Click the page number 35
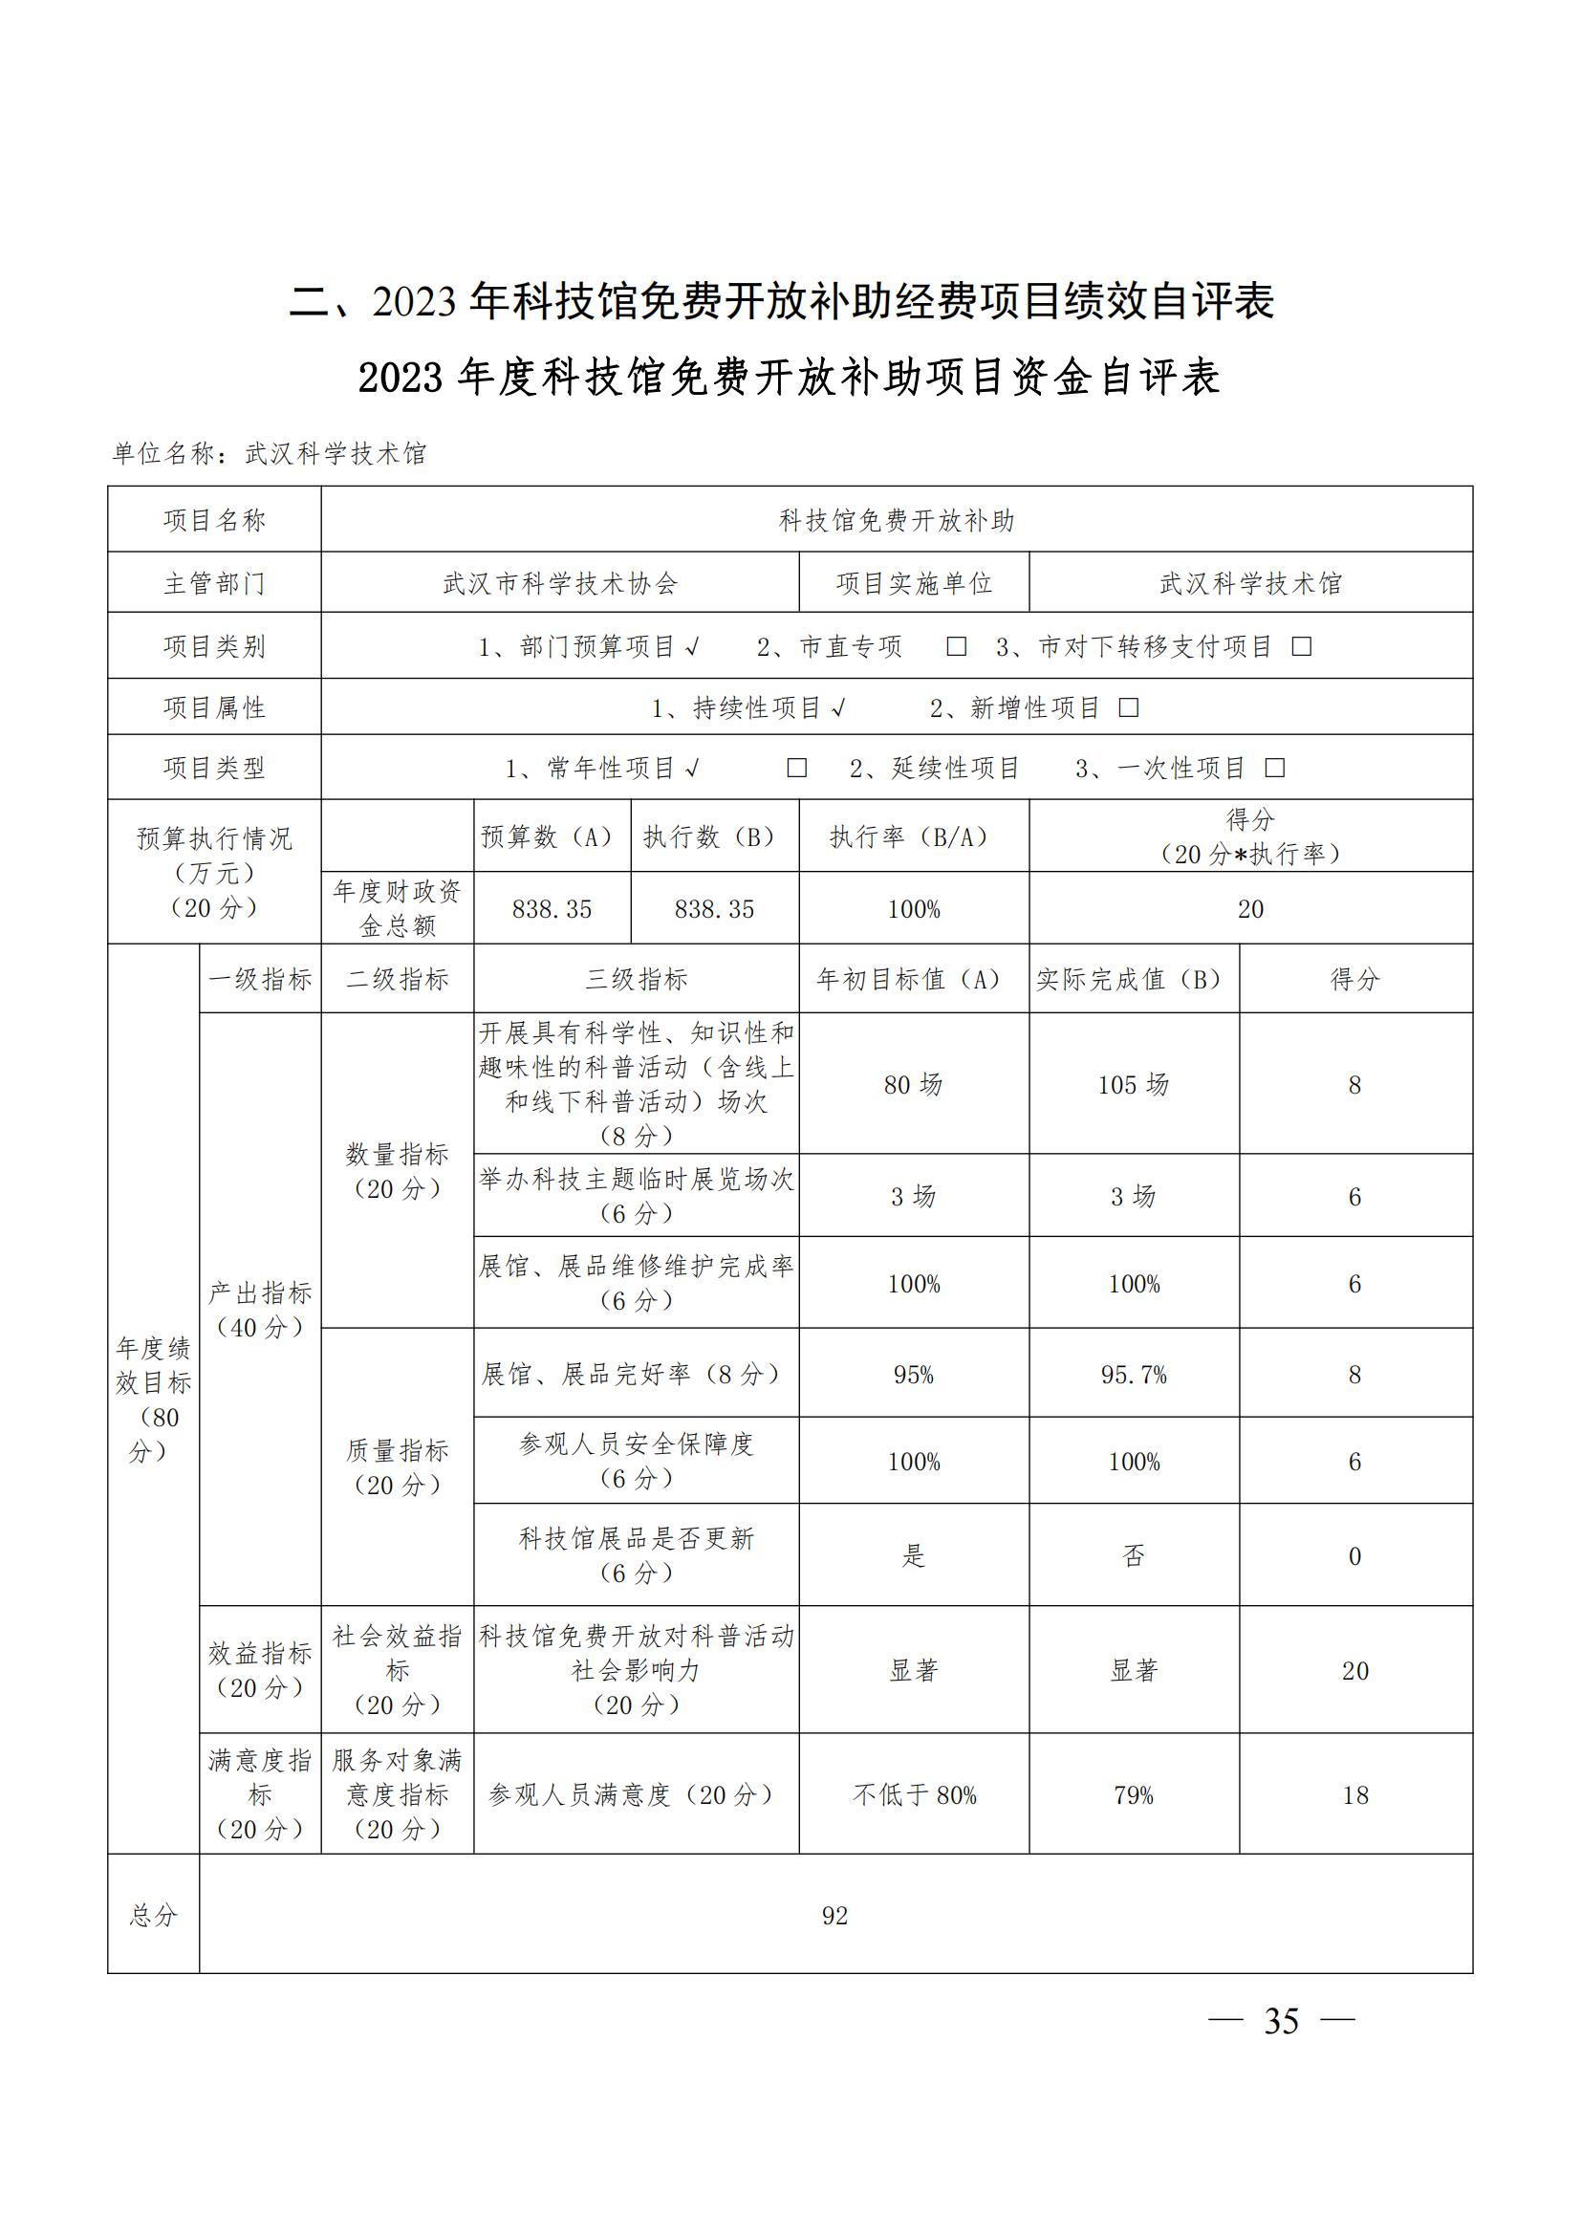(1280, 2022)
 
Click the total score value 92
(835, 1916)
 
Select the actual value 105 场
(1134, 1084)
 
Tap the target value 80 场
(913, 1084)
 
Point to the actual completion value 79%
(1134, 1795)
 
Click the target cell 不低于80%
(913, 1795)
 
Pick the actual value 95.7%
(1134, 1374)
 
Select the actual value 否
(1134, 1555)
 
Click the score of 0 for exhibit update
(1354, 1556)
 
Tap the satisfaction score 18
(1354, 1795)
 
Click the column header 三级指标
(636, 979)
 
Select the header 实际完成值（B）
(1134, 979)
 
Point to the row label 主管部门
(214, 583)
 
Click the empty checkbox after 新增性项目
(1128, 708)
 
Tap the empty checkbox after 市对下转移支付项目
(1301, 646)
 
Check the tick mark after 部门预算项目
(691, 646)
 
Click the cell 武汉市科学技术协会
(560, 583)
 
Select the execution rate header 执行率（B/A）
(913, 836)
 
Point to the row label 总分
(153, 1916)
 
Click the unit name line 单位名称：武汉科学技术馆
(270, 454)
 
